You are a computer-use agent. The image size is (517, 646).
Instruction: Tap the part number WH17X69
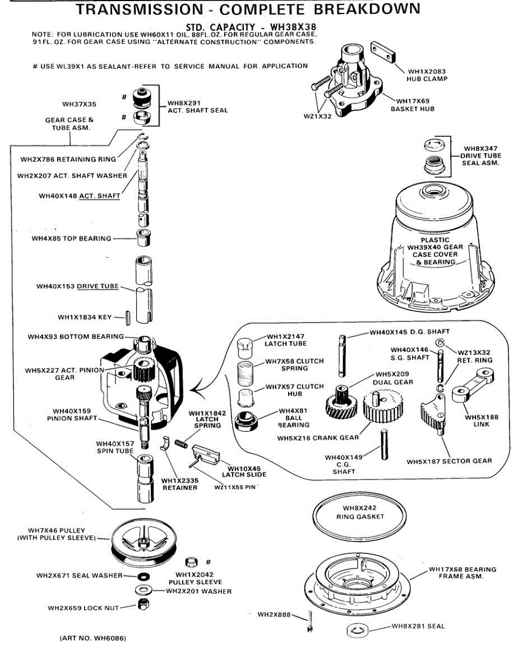(413, 101)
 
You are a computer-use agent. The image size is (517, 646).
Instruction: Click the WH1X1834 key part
(128, 317)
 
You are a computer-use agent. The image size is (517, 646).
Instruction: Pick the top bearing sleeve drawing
(144, 238)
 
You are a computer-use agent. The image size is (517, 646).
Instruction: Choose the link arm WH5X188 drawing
(473, 385)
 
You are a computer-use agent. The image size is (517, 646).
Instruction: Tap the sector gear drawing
(434, 415)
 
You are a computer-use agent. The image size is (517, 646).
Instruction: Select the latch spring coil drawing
(181, 443)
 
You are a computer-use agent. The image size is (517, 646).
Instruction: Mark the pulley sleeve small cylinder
(191, 562)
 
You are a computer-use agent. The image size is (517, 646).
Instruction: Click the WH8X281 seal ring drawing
(357, 629)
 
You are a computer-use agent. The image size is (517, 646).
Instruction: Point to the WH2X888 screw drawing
(309, 621)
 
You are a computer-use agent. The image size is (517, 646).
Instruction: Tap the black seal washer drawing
(144, 577)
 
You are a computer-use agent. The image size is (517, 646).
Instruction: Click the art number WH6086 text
(93, 638)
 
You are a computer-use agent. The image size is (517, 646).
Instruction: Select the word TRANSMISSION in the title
(139, 9)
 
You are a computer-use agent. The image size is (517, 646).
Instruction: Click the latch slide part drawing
(206, 454)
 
